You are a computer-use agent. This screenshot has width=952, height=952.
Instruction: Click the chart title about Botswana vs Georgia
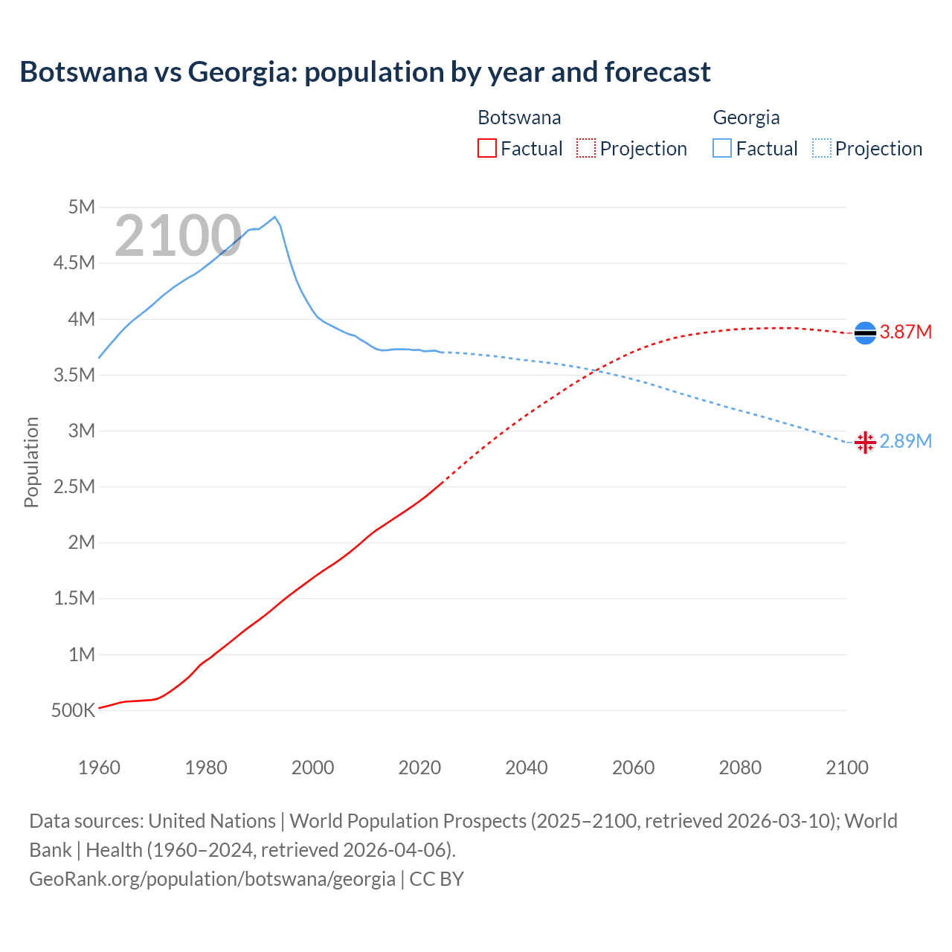pyautogui.click(x=365, y=72)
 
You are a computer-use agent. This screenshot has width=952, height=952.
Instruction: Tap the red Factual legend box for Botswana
pyautogui.click(x=486, y=148)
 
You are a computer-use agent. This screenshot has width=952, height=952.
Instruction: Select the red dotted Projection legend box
pyautogui.click(x=586, y=148)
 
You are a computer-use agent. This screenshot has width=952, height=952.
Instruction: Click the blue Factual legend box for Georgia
pyautogui.click(x=722, y=148)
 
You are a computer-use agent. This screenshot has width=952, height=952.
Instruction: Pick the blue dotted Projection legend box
pyautogui.click(x=822, y=148)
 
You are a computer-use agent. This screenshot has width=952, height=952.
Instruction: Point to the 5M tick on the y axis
pyautogui.click(x=82, y=207)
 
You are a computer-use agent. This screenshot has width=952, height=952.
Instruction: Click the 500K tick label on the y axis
pyautogui.click(x=73, y=710)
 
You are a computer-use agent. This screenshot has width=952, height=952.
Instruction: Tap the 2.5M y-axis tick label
pyautogui.click(x=74, y=486)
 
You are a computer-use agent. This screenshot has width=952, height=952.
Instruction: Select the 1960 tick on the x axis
pyautogui.click(x=99, y=768)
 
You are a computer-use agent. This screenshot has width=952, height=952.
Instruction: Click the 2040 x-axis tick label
pyautogui.click(x=527, y=768)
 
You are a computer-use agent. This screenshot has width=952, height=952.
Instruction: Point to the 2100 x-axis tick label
pyautogui.click(x=846, y=768)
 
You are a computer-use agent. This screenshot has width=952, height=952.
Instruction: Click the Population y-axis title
pyautogui.click(x=31, y=462)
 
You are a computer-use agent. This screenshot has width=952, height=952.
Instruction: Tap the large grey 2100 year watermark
pyautogui.click(x=178, y=236)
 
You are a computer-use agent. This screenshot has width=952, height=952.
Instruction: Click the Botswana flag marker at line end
pyautogui.click(x=865, y=332)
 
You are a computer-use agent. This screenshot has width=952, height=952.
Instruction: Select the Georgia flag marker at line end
pyautogui.click(x=865, y=443)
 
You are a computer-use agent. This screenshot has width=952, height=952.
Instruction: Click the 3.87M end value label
pyautogui.click(x=905, y=332)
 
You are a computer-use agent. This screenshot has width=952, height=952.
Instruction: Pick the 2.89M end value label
pyautogui.click(x=905, y=441)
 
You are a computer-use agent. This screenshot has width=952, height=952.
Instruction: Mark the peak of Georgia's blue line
pyautogui.click(x=275, y=216)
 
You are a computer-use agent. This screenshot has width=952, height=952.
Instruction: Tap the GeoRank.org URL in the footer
pyautogui.click(x=212, y=878)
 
